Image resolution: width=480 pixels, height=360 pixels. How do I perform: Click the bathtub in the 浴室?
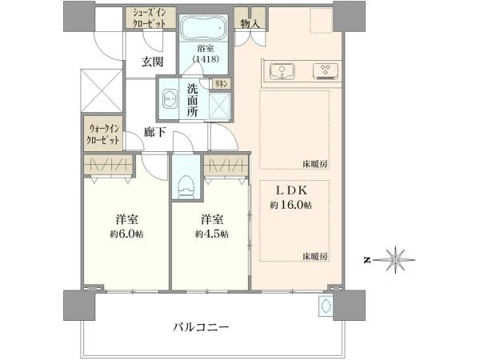tap(203, 28)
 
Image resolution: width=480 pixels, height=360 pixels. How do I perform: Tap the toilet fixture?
tap(186, 186)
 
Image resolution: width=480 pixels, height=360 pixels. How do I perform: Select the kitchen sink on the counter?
tap(282, 72)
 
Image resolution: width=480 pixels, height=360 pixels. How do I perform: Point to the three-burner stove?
tap(326, 71)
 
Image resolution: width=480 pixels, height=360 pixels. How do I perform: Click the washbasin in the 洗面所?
tap(170, 98)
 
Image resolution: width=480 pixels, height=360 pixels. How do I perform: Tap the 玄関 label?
tap(152, 62)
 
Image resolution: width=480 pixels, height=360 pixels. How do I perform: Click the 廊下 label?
tap(155, 133)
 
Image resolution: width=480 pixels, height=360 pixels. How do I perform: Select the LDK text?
tap(292, 190)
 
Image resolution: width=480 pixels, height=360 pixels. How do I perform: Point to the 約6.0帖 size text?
tap(126, 234)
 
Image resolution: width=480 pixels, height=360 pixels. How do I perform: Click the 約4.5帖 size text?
tap(212, 234)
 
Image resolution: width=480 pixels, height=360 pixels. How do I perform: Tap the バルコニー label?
tap(201, 327)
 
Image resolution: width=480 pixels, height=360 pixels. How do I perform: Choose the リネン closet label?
tap(222, 83)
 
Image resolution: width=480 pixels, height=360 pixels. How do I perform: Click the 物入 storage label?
tap(250, 24)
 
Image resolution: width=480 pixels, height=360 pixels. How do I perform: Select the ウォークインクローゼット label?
tap(103, 134)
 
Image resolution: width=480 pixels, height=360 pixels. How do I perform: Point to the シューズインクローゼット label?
tap(150, 18)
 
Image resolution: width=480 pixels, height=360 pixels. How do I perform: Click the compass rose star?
tap(395, 260)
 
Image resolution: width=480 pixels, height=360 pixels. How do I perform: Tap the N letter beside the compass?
tap(366, 261)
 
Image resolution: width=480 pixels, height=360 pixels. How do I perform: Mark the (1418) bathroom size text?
tap(206, 59)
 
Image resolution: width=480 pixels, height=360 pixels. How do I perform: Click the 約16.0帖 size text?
tap(291, 205)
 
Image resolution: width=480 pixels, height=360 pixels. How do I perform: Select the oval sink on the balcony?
tap(325, 306)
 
